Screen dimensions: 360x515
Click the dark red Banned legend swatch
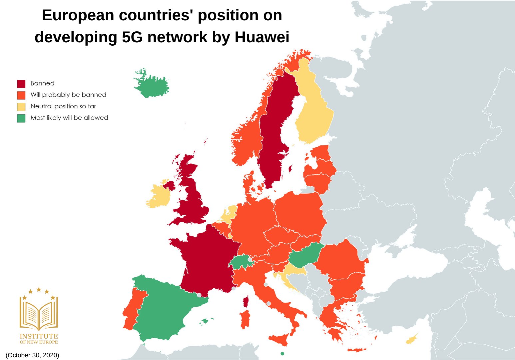click(x=21, y=84)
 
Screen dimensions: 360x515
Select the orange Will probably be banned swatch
click(x=21, y=95)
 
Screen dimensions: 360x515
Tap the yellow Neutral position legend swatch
click(x=21, y=107)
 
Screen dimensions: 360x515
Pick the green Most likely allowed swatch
click(x=21, y=118)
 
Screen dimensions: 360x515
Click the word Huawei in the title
click(x=262, y=37)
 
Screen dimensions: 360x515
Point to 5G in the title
click(x=132, y=37)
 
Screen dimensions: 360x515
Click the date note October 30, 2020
click(x=32, y=355)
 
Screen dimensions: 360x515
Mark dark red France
click(x=207, y=260)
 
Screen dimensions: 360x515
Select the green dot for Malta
click(x=282, y=354)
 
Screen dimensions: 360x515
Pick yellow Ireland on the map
click(x=158, y=197)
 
